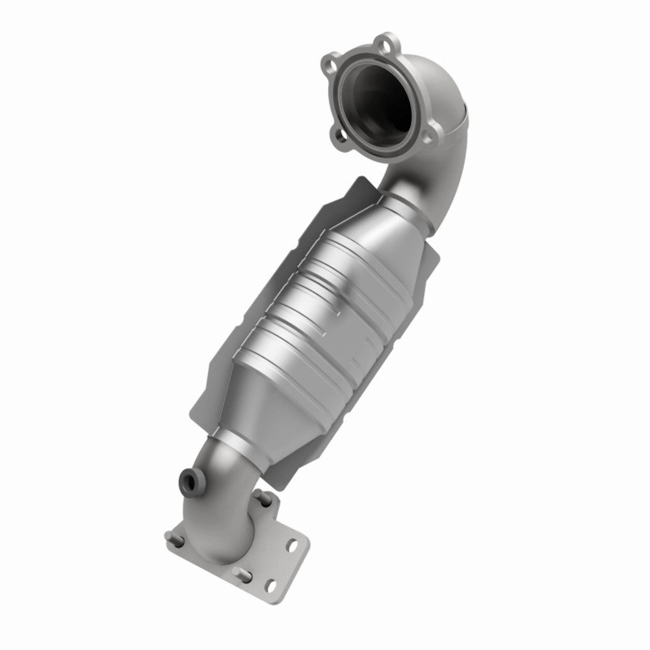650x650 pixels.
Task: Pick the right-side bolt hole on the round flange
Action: (x=426, y=125)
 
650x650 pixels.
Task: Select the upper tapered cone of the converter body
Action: (x=377, y=234)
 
